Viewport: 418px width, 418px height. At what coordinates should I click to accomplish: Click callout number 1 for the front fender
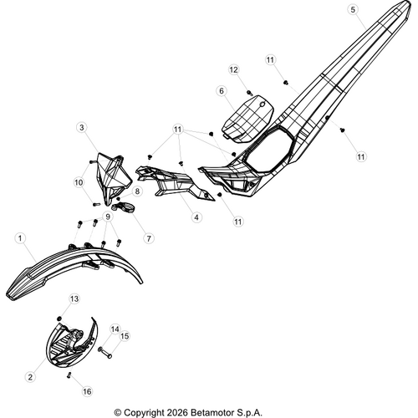(20, 238)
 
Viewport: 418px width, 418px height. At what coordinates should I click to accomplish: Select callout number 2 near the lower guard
(30, 377)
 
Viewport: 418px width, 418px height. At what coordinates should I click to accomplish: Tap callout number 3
(82, 128)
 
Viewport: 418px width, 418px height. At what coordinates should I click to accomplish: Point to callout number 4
(196, 217)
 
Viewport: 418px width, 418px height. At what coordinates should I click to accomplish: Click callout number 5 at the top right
(353, 10)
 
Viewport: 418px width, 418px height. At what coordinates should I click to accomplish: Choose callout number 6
(222, 91)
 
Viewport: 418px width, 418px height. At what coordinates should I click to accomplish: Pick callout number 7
(149, 238)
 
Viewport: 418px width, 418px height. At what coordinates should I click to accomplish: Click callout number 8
(137, 191)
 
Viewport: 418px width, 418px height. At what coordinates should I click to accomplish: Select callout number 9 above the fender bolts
(108, 217)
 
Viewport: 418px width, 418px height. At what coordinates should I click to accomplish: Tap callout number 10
(79, 182)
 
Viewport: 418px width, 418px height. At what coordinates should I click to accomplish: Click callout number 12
(234, 69)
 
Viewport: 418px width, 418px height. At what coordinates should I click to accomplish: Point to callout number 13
(74, 299)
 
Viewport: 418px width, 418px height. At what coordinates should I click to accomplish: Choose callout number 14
(115, 329)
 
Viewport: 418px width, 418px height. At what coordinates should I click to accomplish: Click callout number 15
(125, 336)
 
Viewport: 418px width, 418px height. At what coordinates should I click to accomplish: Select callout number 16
(87, 391)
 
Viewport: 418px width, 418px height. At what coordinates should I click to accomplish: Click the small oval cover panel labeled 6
(247, 119)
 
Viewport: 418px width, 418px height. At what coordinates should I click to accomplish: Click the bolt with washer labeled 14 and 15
(105, 352)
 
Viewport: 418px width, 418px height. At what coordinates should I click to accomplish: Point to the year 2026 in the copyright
(177, 412)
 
